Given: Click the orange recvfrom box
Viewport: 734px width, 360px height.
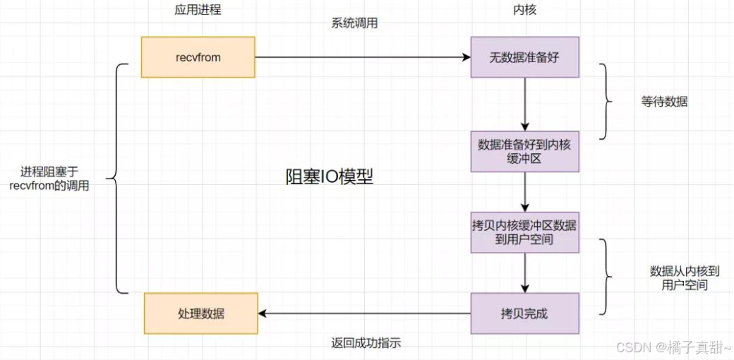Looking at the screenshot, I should pyautogui.click(x=198, y=57).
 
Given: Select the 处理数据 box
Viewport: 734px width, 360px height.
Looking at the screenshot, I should pyautogui.click(x=201, y=313).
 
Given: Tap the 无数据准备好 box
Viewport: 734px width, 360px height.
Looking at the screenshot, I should pyautogui.click(x=524, y=57).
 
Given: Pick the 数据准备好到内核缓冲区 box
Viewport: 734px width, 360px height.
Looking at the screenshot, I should pyautogui.click(x=524, y=151).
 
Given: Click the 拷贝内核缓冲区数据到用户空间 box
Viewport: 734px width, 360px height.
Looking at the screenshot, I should pyautogui.click(x=524, y=232).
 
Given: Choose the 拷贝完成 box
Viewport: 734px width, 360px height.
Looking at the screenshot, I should pyautogui.click(x=524, y=313).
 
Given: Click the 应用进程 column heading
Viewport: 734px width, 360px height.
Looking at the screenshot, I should pyautogui.click(x=198, y=10).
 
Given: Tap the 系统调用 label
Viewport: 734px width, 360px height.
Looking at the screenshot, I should pyautogui.click(x=354, y=23).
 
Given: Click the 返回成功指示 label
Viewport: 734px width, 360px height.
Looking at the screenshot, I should pyautogui.click(x=366, y=344).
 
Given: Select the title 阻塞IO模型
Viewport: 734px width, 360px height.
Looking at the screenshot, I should pyautogui.click(x=329, y=177).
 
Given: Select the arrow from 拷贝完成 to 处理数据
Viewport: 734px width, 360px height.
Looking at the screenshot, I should pyautogui.click(x=364, y=313).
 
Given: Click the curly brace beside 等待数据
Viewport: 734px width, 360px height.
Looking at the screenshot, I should pyautogui.click(x=606, y=102).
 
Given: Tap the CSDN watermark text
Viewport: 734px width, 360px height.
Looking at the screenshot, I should pyautogui.click(x=674, y=347).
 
